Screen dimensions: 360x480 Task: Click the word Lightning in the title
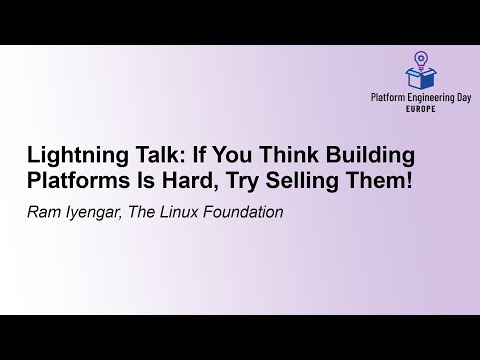coord(71,157)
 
